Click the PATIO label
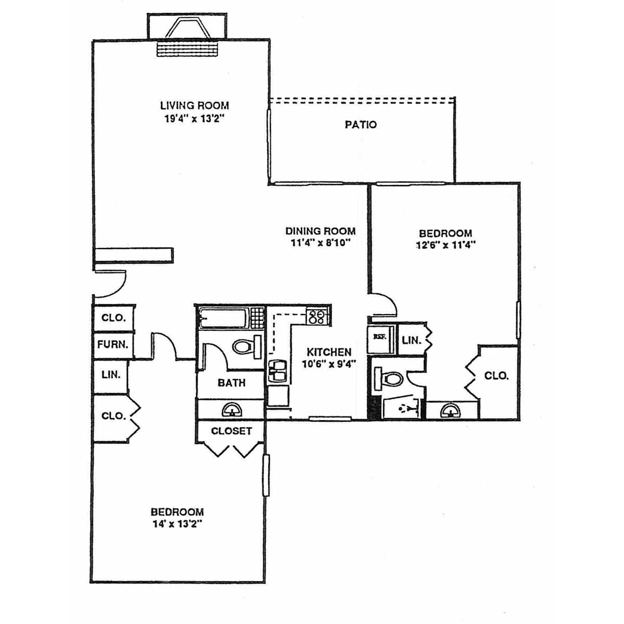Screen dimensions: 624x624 tap(360, 125)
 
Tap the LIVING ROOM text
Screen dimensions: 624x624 tap(194, 106)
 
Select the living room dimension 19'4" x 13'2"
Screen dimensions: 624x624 tap(194, 119)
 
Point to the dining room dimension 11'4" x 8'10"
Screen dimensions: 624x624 tap(321, 242)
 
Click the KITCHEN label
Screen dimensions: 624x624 tap(329, 352)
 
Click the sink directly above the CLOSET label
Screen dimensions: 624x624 tap(231, 410)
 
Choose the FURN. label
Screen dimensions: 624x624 tap(113, 345)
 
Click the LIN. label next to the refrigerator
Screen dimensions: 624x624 tap(411, 340)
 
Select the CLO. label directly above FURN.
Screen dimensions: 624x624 tap(114, 318)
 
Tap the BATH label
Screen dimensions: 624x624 tap(231, 383)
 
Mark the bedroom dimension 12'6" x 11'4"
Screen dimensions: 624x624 tap(446, 245)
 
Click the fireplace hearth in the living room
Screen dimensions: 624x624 tap(187, 49)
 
